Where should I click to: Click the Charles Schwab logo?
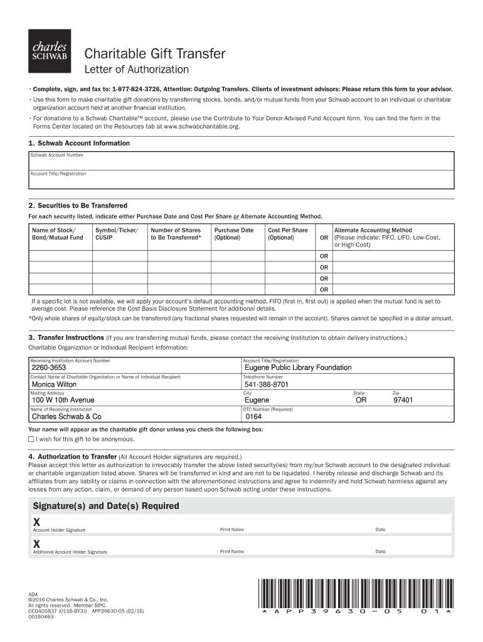coord(50,51)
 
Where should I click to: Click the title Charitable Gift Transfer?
coord(155,54)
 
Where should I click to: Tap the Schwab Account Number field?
coord(241,160)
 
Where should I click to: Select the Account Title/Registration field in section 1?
coord(241,179)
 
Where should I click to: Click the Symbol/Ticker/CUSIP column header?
coord(116,234)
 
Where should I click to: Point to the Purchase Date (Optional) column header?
coord(233,234)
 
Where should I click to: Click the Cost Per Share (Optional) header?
coord(288,234)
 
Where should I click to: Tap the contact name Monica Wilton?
coord(54,384)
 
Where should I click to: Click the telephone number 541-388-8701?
coord(267,384)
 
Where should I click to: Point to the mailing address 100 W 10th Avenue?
coord(63,400)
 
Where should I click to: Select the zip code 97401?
coord(403,400)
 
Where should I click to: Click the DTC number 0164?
coord(253,416)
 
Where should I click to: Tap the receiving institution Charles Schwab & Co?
coord(66,416)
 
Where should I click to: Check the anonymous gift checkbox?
coord(31,439)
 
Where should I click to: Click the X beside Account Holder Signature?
coord(36,522)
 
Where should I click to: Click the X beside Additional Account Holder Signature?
coord(36,544)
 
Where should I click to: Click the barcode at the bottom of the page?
coord(355,592)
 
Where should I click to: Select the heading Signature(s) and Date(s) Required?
coord(105,506)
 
